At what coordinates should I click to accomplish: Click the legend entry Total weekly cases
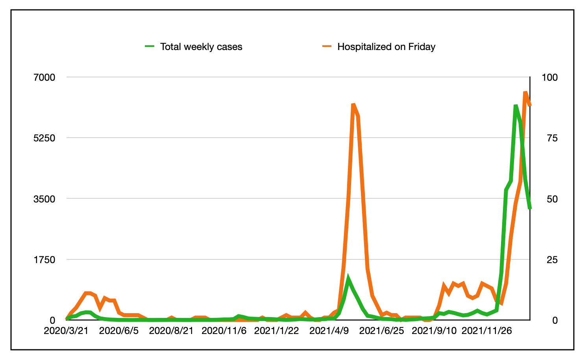pyautogui.click(x=201, y=47)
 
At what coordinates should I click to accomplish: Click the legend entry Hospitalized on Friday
pyautogui.click(x=386, y=47)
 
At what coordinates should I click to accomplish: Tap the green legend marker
pyautogui.click(x=150, y=46)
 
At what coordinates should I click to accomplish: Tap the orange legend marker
pyautogui.click(x=327, y=46)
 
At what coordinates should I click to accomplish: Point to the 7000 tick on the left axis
pyautogui.click(x=44, y=77)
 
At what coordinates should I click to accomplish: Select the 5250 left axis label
pyautogui.click(x=44, y=138)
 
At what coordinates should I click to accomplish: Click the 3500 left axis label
pyautogui.click(x=44, y=199)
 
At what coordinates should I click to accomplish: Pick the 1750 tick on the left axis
pyautogui.click(x=44, y=260)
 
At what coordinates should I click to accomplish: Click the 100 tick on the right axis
pyautogui.click(x=550, y=77)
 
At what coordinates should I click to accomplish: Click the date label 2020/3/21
pyautogui.click(x=66, y=330)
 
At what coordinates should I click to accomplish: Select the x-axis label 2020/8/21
pyautogui.click(x=171, y=330)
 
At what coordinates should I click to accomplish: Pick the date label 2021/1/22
pyautogui.click(x=276, y=330)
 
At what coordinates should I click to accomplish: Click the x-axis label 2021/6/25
pyautogui.click(x=381, y=330)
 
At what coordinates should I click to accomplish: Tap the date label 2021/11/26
pyautogui.click(x=486, y=330)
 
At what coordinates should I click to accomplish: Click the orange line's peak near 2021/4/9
pyautogui.click(x=353, y=104)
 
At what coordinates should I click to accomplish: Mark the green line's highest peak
pyautogui.click(x=515, y=106)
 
